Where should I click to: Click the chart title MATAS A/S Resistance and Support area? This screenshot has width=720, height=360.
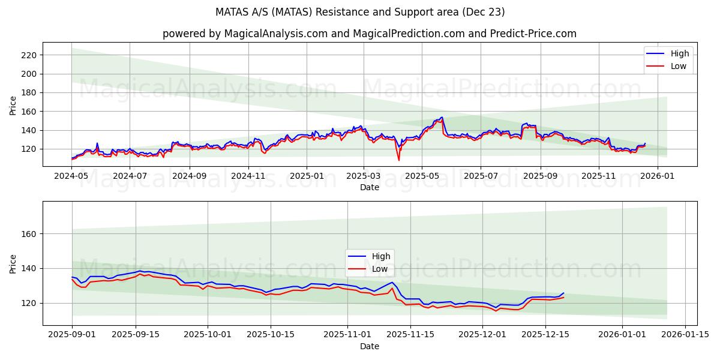tap(360, 12)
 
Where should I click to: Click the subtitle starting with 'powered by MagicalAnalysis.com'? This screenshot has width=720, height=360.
tap(369, 34)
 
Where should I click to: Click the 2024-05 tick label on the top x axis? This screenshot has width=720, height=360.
tap(72, 176)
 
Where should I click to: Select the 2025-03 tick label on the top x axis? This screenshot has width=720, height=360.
tap(364, 176)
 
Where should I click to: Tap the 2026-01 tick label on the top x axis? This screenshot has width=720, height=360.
tap(658, 176)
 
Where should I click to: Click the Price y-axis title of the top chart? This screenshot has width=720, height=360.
tap(13, 105)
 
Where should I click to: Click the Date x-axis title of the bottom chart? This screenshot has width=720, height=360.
tap(369, 346)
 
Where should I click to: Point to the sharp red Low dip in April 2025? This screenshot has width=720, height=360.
tap(398, 160)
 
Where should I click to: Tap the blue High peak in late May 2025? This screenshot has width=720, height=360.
tap(442, 117)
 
